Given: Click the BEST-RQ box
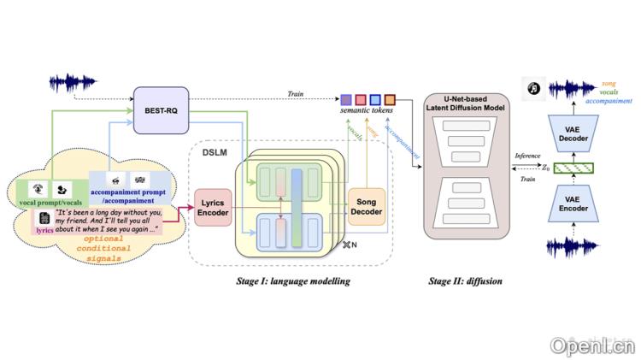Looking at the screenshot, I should (x=161, y=110).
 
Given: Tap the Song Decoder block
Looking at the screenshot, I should (x=368, y=208).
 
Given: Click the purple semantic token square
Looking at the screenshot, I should (x=345, y=100).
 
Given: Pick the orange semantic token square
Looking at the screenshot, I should (x=391, y=100).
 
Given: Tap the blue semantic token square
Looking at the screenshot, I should (x=375, y=100).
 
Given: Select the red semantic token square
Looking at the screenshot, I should (x=361, y=100).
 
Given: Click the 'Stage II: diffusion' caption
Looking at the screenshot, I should (x=468, y=280).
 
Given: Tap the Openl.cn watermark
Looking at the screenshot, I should (x=593, y=345).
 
